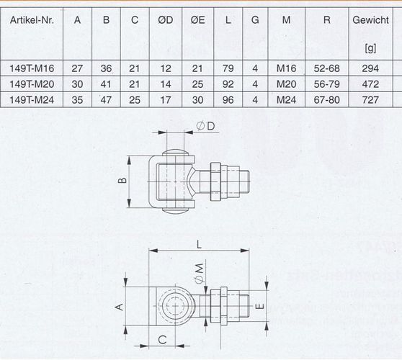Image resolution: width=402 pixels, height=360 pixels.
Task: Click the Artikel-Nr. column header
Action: click(32, 20)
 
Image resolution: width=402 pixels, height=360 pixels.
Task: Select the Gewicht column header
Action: click(370, 20)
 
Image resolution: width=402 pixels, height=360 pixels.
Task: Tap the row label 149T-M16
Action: click(32, 68)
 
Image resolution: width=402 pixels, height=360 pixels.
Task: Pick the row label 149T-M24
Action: click(32, 100)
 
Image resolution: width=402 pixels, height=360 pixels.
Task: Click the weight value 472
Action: click(370, 84)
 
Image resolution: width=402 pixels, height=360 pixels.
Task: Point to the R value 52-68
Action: click(326, 68)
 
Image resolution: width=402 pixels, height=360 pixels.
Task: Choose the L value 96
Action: click(228, 100)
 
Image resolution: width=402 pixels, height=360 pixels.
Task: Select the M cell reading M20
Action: click(287, 84)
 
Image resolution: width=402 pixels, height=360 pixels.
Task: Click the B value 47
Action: click(106, 100)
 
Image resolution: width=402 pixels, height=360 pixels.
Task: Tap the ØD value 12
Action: click(166, 68)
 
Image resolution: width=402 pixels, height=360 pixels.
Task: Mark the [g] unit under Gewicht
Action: click(370, 48)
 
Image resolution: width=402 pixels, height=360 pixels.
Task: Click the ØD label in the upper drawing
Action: click(205, 126)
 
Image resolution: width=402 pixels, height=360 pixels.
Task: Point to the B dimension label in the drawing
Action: click(123, 181)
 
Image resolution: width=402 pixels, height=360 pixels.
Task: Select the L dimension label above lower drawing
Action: click(199, 245)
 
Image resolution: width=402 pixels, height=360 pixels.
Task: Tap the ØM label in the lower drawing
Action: click(200, 274)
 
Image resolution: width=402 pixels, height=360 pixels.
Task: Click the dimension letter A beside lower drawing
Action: click(120, 307)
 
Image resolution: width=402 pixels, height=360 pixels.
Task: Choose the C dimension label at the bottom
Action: click(163, 340)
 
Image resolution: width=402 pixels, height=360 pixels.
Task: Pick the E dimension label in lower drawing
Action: click(259, 306)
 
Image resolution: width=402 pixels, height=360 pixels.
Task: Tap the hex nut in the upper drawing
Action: click(215, 181)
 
